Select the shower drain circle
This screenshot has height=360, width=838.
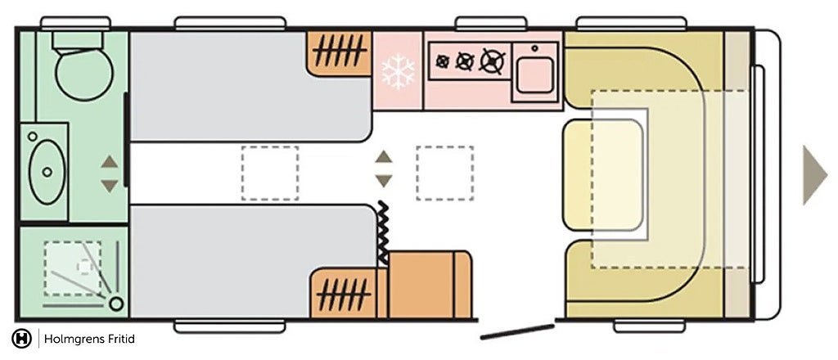coord(116,304)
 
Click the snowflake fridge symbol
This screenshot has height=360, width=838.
coord(398,71)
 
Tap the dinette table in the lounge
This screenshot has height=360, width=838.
coord(604,173)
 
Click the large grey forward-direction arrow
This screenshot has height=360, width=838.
coord(814,175)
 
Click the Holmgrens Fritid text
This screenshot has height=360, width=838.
coord(89,339)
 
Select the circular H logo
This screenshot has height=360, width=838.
coord(22,339)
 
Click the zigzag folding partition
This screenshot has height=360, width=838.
coord(381,233)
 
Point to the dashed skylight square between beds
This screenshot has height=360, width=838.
coord(269,173)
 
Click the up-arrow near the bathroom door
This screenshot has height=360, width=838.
coord(110,161)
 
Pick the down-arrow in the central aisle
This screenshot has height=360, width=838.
coord(383,181)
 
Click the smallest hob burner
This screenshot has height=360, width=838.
coord(444,61)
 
